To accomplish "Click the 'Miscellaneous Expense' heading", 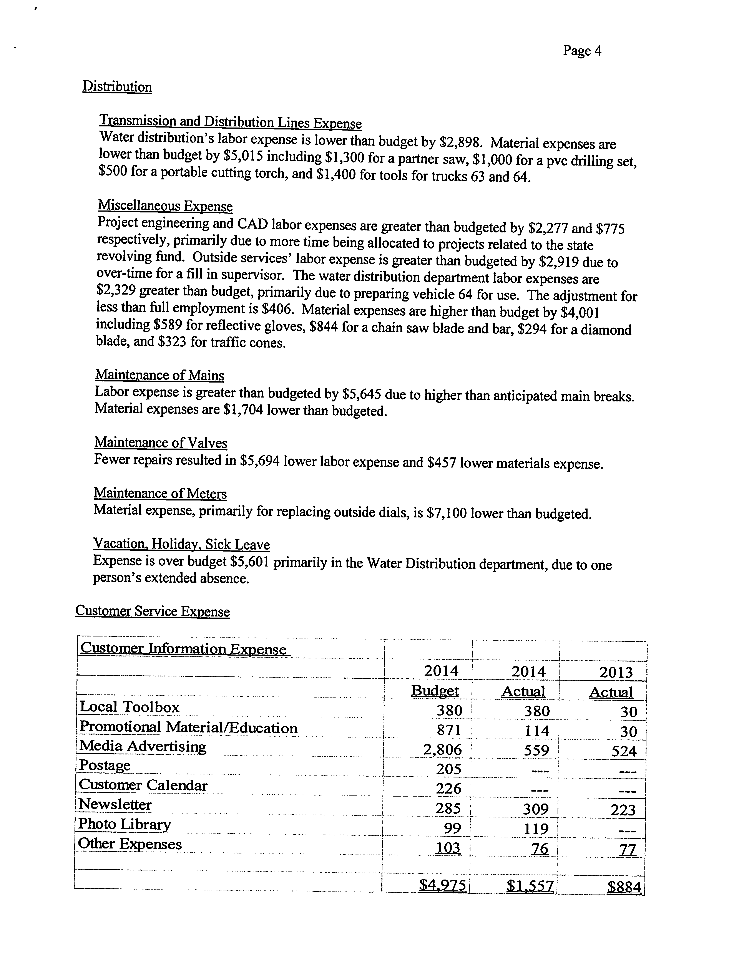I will [165, 206].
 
